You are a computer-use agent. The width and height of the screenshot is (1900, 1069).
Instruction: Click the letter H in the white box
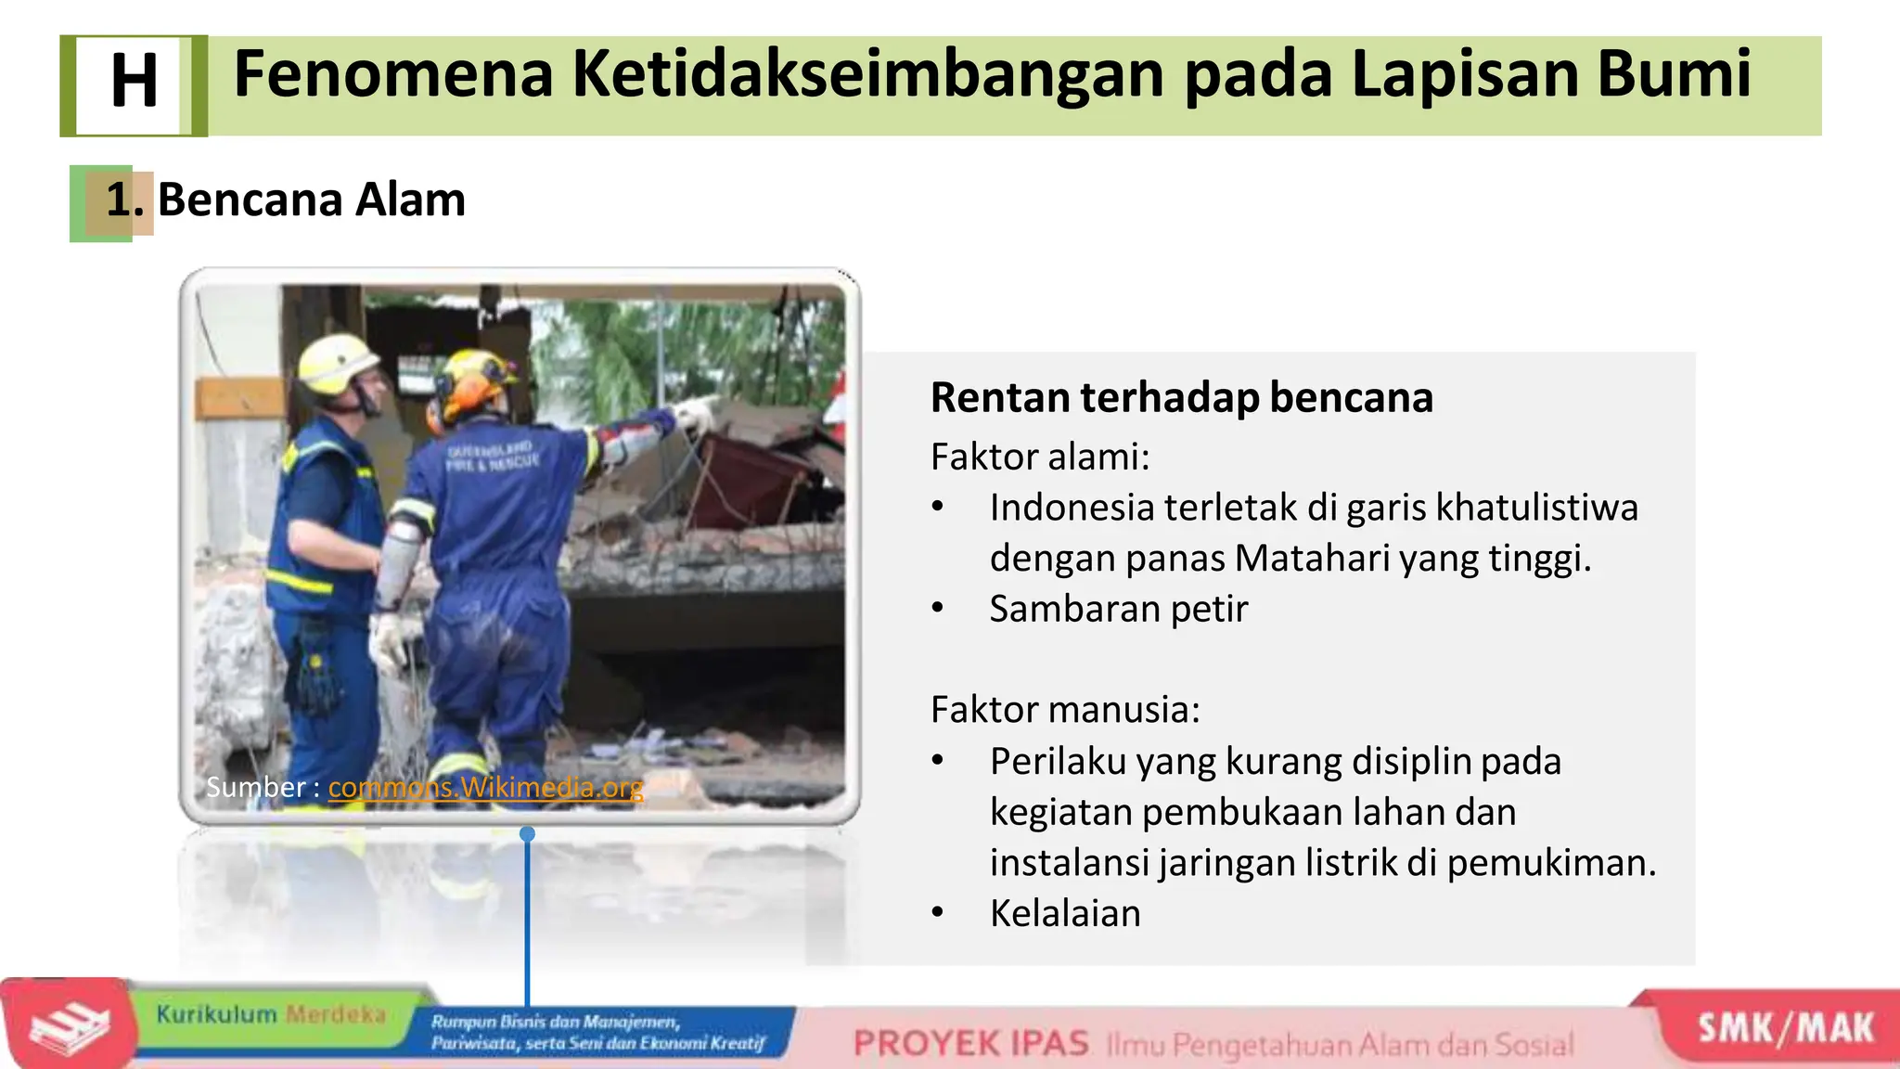(x=134, y=82)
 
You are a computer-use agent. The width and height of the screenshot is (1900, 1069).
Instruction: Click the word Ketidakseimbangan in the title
(x=867, y=74)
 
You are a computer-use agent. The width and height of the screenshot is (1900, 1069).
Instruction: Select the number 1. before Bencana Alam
(x=124, y=200)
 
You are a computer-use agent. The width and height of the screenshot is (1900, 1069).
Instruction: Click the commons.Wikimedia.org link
(x=485, y=788)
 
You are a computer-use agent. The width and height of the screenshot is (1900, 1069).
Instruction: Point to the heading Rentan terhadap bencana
(x=1181, y=398)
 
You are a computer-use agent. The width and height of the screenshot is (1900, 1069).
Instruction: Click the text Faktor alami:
(x=1039, y=457)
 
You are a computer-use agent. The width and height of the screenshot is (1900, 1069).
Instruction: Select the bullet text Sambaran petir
(x=1118, y=610)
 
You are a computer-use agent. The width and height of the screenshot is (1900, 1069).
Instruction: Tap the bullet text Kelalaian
(x=1064, y=914)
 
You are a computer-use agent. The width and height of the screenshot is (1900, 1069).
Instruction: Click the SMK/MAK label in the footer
(x=1785, y=1029)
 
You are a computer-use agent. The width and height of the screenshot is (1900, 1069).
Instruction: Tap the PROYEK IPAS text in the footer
(x=970, y=1044)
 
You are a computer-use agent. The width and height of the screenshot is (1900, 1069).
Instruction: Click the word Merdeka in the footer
(x=335, y=1014)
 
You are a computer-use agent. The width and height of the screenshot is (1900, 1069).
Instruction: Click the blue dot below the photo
(x=527, y=834)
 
